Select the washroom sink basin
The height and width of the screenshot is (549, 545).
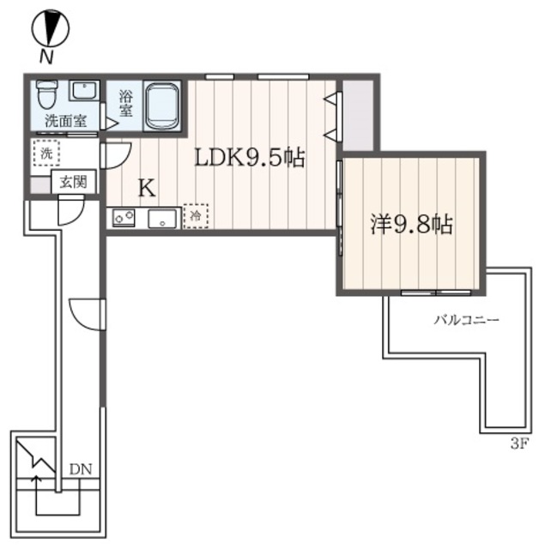(x=84, y=91)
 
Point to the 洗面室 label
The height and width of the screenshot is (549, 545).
(x=65, y=121)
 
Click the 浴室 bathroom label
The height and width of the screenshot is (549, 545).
(x=125, y=104)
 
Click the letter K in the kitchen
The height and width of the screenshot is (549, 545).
(x=147, y=189)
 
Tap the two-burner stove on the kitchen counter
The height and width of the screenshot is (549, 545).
(x=123, y=218)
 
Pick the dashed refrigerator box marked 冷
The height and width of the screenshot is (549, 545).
(x=196, y=214)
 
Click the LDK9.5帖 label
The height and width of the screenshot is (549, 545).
(x=249, y=158)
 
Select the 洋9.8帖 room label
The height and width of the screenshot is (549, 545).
(x=411, y=225)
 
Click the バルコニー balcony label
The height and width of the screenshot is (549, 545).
(x=464, y=321)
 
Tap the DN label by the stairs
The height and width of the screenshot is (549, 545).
(x=81, y=469)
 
